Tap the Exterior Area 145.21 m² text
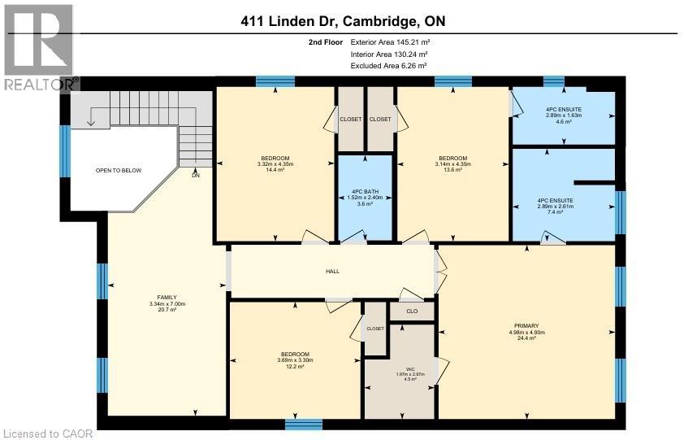click(389, 41)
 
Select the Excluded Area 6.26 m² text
click(388, 65)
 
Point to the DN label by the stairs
click(196, 175)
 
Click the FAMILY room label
click(167, 297)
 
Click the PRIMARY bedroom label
click(526, 325)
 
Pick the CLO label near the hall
click(412, 311)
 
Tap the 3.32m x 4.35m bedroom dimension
click(275, 163)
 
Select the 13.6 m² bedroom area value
click(452, 171)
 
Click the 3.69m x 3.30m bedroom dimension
click(295, 360)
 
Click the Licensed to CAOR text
click(47, 433)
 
